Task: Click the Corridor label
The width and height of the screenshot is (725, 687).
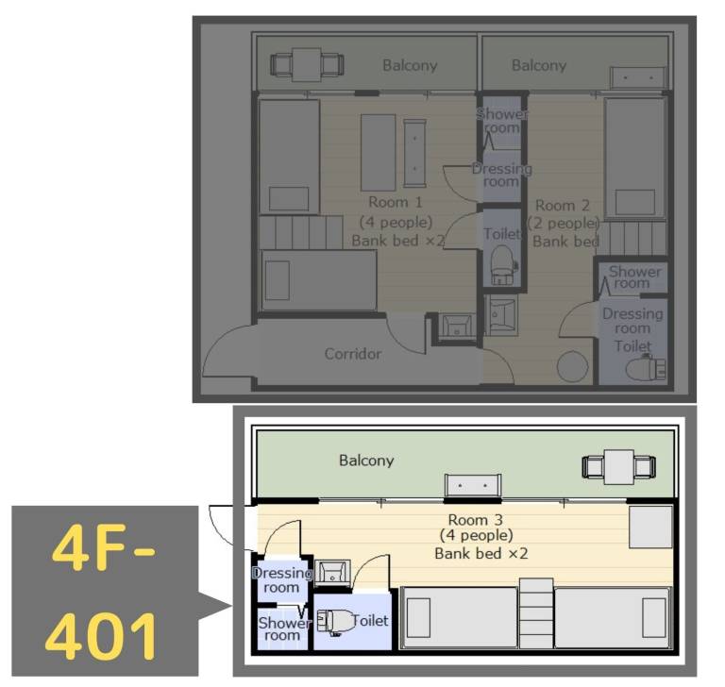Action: click(x=353, y=354)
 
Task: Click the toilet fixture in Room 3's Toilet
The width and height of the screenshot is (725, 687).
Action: click(x=334, y=621)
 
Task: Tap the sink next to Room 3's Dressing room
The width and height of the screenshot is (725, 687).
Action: click(x=332, y=572)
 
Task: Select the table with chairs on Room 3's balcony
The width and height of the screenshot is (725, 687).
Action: click(x=618, y=466)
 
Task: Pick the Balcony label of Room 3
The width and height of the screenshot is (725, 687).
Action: click(x=366, y=461)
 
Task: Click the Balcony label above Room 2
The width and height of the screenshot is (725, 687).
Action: click(x=539, y=65)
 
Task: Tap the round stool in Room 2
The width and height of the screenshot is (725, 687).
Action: click(x=572, y=364)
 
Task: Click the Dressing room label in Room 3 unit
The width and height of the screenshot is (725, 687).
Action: click(x=280, y=579)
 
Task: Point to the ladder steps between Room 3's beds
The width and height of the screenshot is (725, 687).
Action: click(x=535, y=613)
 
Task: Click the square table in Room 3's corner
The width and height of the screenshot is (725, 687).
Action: click(x=649, y=527)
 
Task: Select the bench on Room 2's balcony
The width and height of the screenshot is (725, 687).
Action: click(x=637, y=77)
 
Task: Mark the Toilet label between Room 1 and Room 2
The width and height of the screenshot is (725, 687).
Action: click(x=501, y=234)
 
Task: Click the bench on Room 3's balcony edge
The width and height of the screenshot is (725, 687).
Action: click(x=472, y=485)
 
